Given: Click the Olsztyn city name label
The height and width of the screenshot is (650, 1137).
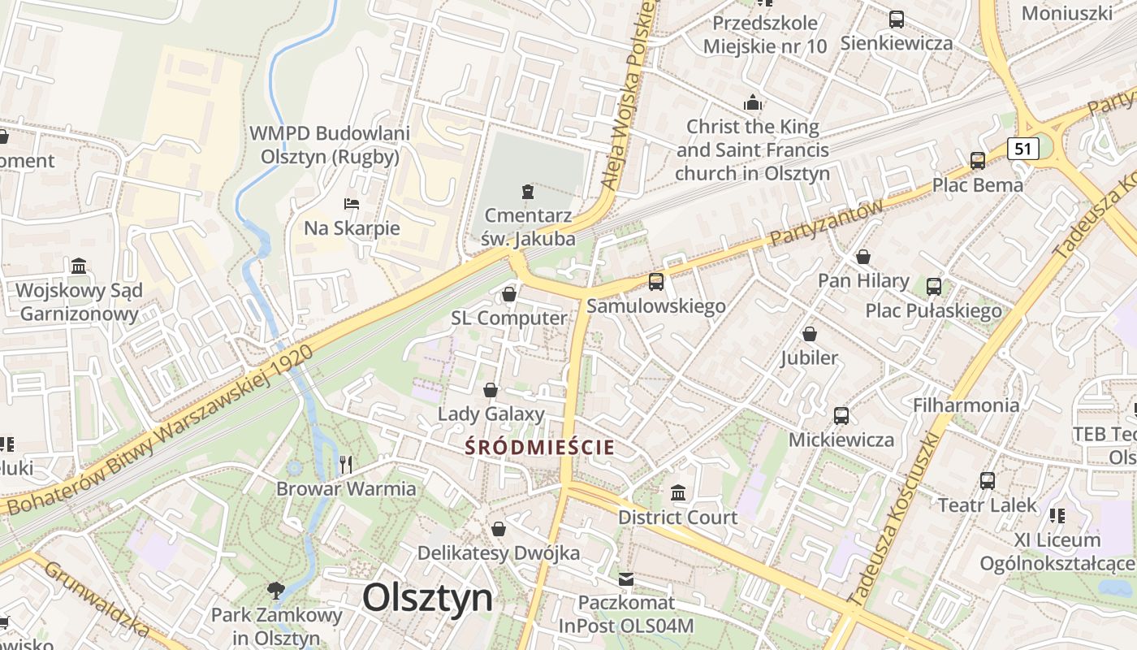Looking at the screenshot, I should pos(427,598).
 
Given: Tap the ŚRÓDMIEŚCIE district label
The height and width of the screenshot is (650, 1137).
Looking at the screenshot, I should pos(540,447).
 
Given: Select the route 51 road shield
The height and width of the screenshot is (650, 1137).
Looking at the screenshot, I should pos(1022,149).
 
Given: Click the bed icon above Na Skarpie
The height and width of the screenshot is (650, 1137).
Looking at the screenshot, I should pos(352,203).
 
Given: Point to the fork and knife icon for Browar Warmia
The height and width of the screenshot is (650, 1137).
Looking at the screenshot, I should pos(346,464).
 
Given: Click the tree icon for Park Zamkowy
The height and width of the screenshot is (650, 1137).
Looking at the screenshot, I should pos(276,590).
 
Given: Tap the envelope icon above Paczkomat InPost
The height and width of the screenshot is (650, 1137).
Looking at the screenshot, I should pos(626,579).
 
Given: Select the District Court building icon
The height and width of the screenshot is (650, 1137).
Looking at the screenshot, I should pos(678,492).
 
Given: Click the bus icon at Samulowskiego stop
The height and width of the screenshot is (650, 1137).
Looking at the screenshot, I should pos(655,282).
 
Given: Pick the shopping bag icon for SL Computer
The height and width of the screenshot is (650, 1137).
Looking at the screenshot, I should pos(509,293).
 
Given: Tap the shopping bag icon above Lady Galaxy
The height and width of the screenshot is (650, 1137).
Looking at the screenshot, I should pos(491,390).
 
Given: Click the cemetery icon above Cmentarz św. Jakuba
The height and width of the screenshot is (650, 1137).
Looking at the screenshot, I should pos(529,192).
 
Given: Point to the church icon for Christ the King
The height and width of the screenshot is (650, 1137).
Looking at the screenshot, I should pos(753,103).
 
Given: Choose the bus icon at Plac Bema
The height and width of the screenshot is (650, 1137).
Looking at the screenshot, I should pos(978,160).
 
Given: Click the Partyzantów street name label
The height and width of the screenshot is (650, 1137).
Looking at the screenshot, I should pos(826,223).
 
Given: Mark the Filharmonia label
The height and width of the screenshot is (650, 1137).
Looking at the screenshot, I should pos(966,405).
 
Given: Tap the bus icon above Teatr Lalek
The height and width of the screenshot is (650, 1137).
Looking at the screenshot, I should pos(988,480).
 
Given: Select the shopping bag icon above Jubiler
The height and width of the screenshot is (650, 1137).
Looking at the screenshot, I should pos(810,334).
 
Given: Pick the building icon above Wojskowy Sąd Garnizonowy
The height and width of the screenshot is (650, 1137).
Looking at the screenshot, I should pos(79,266).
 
